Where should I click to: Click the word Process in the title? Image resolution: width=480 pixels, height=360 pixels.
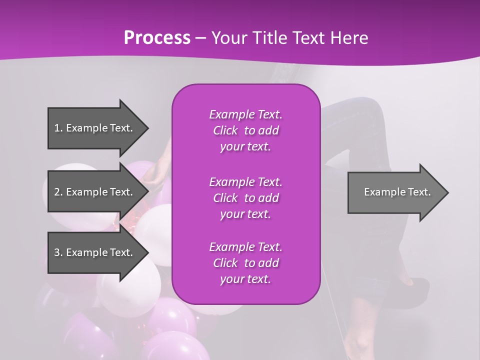[x=157, y=38]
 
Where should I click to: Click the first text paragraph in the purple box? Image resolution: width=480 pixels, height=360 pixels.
[x=245, y=130]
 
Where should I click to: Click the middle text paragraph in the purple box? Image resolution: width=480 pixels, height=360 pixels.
[x=245, y=197]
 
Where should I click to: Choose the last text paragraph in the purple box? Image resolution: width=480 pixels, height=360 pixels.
[x=245, y=263]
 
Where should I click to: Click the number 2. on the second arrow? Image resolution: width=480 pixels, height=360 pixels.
[x=58, y=192]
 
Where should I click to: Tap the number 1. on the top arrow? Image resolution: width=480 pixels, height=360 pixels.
[x=58, y=128]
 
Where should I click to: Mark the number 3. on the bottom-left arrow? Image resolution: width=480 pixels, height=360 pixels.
[x=58, y=252]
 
